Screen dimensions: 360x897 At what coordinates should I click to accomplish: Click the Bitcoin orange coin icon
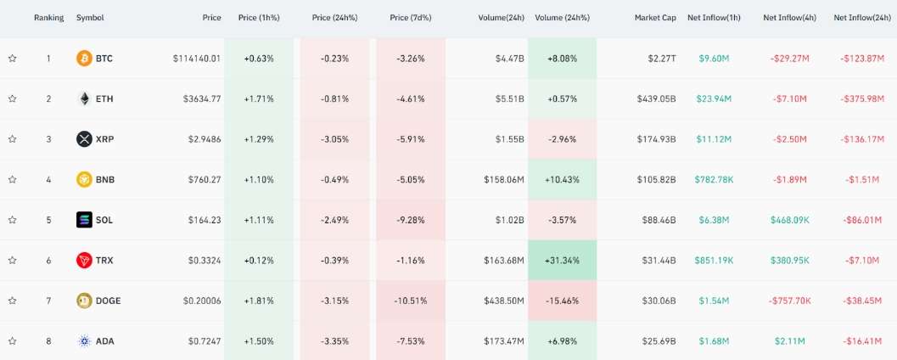[84, 59]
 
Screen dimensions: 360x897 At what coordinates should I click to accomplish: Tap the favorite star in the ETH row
[13, 98]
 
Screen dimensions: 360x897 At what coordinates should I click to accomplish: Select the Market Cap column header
[655, 18]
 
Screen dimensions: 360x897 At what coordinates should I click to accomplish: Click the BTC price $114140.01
[197, 59]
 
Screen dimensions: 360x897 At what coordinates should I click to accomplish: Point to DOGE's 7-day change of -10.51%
[411, 301]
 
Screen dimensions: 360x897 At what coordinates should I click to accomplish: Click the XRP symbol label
[104, 139]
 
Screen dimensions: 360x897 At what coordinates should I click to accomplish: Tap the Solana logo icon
[84, 220]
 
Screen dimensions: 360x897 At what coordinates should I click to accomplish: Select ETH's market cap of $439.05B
[656, 98]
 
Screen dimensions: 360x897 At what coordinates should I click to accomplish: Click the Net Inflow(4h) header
[789, 18]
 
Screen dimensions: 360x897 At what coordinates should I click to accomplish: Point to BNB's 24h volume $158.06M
[498, 180]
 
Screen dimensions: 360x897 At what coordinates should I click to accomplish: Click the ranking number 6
[48, 261]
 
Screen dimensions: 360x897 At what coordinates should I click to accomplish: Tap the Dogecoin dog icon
[84, 301]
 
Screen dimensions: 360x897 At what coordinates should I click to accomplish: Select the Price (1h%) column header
[259, 18]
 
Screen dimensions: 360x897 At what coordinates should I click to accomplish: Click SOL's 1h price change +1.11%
[259, 220]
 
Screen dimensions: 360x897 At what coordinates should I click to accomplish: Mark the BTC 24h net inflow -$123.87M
[861, 59]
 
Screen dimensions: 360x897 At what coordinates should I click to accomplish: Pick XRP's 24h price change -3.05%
[334, 139]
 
